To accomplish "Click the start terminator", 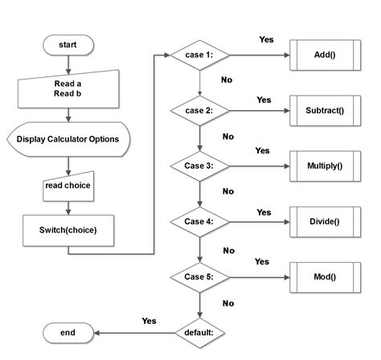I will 68,45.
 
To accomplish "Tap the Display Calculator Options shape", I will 68,139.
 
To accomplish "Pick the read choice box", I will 68,186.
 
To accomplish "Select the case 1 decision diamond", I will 199,55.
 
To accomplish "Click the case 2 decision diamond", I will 199,110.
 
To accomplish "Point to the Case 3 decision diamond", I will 199,166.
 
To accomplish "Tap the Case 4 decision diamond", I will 199,221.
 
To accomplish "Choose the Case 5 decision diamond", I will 199,276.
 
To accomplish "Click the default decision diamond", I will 199,331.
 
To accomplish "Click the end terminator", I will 68,331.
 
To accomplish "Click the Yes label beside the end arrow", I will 149,321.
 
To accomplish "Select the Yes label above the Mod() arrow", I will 262,262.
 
